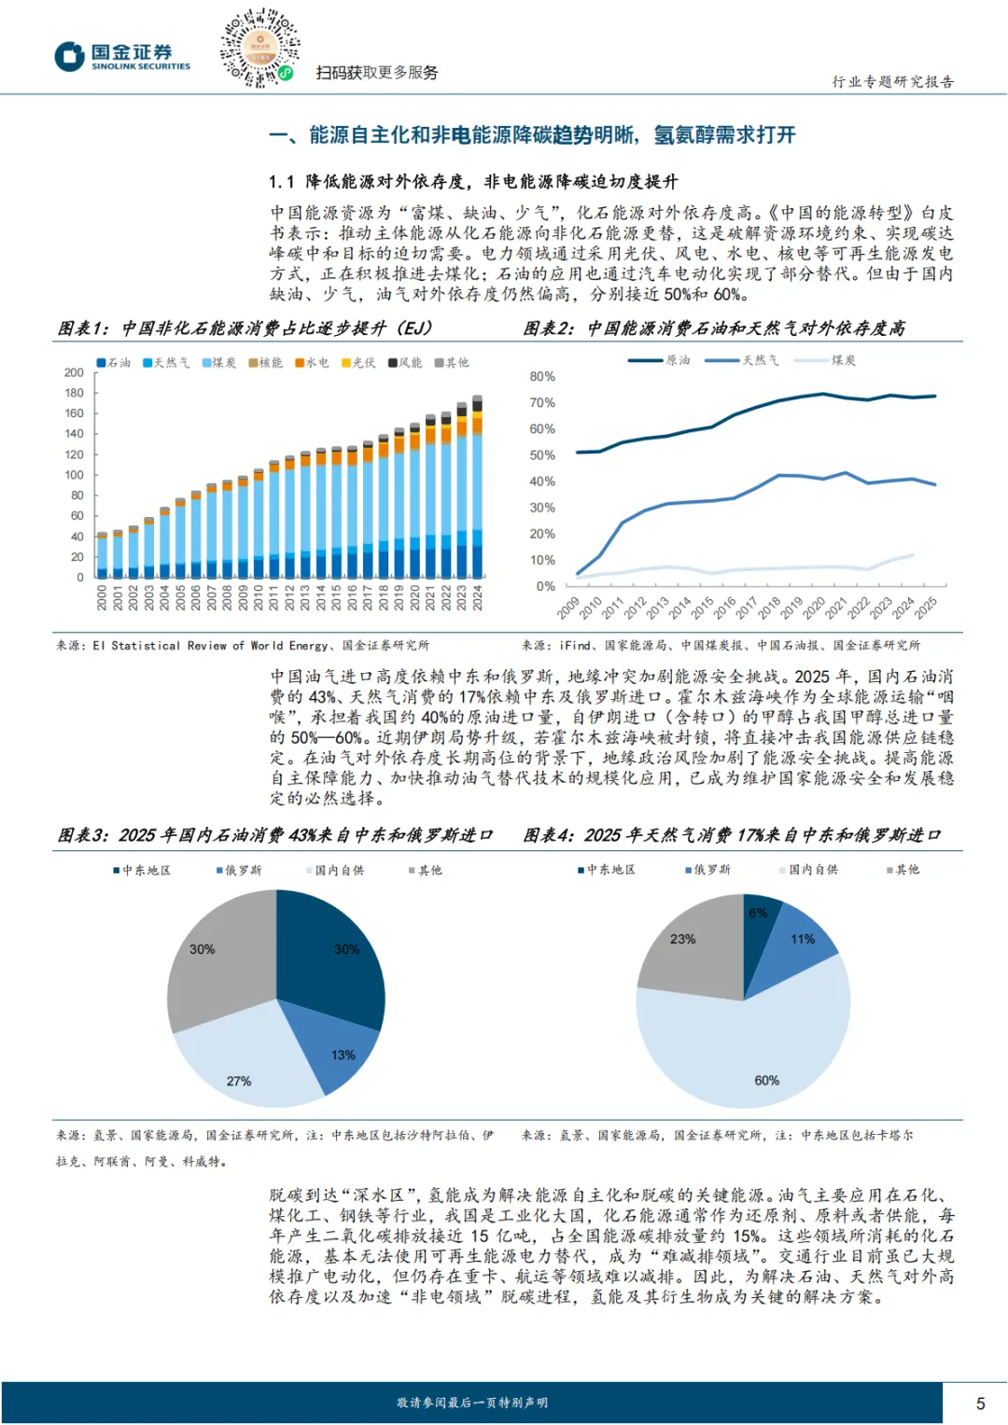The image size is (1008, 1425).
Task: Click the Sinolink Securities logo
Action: (x=122, y=56)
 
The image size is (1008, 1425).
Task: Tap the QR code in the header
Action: (x=259, y=48)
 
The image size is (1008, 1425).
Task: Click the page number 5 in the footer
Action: (x=980, y=1403)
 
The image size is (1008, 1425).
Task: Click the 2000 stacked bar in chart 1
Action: (x=103, y=556)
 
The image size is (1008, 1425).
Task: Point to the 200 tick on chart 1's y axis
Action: (x=74, y=372)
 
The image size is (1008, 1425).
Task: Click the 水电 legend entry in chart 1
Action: (x=312, y=363)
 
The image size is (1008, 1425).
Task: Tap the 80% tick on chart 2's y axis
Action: (x=542, y=377)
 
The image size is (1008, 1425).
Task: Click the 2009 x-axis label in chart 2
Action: (x=568, y=608)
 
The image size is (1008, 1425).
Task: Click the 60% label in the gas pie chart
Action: (x=766, y=1080)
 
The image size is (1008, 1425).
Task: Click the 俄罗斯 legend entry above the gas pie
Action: (x=709, y=870)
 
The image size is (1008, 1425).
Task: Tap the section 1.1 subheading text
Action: (x=473, y=181)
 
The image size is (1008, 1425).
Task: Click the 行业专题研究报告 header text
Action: (x=892, y=82)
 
